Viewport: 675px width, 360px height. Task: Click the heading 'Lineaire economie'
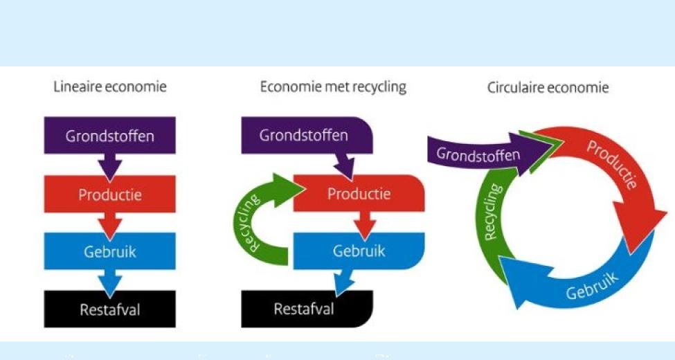(x=110, y=87)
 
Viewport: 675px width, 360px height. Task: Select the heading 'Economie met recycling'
(x=333, y=87)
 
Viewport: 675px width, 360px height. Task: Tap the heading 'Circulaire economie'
(x=548, y=88)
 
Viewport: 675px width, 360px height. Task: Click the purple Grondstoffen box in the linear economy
(x=110, y=135)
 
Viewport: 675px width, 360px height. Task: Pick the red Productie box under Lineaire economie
(x=110, y=195)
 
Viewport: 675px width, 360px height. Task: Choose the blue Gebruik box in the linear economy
(x=110, y=251)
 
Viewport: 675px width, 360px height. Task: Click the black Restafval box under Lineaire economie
(x=110, y=309)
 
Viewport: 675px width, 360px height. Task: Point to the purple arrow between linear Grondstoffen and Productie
(x=109, y=166)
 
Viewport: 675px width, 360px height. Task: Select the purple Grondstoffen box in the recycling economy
(x=305, y=135)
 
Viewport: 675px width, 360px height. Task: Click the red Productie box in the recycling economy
(x=359, y=193)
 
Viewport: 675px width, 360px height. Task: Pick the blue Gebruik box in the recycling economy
(x=359, y=251)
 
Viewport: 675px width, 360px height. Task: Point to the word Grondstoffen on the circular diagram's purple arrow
(x=478, y=153)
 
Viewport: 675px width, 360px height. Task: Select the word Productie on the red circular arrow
(x=611, y=164)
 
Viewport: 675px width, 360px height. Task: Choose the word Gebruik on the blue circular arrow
(x=592, y=285)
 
